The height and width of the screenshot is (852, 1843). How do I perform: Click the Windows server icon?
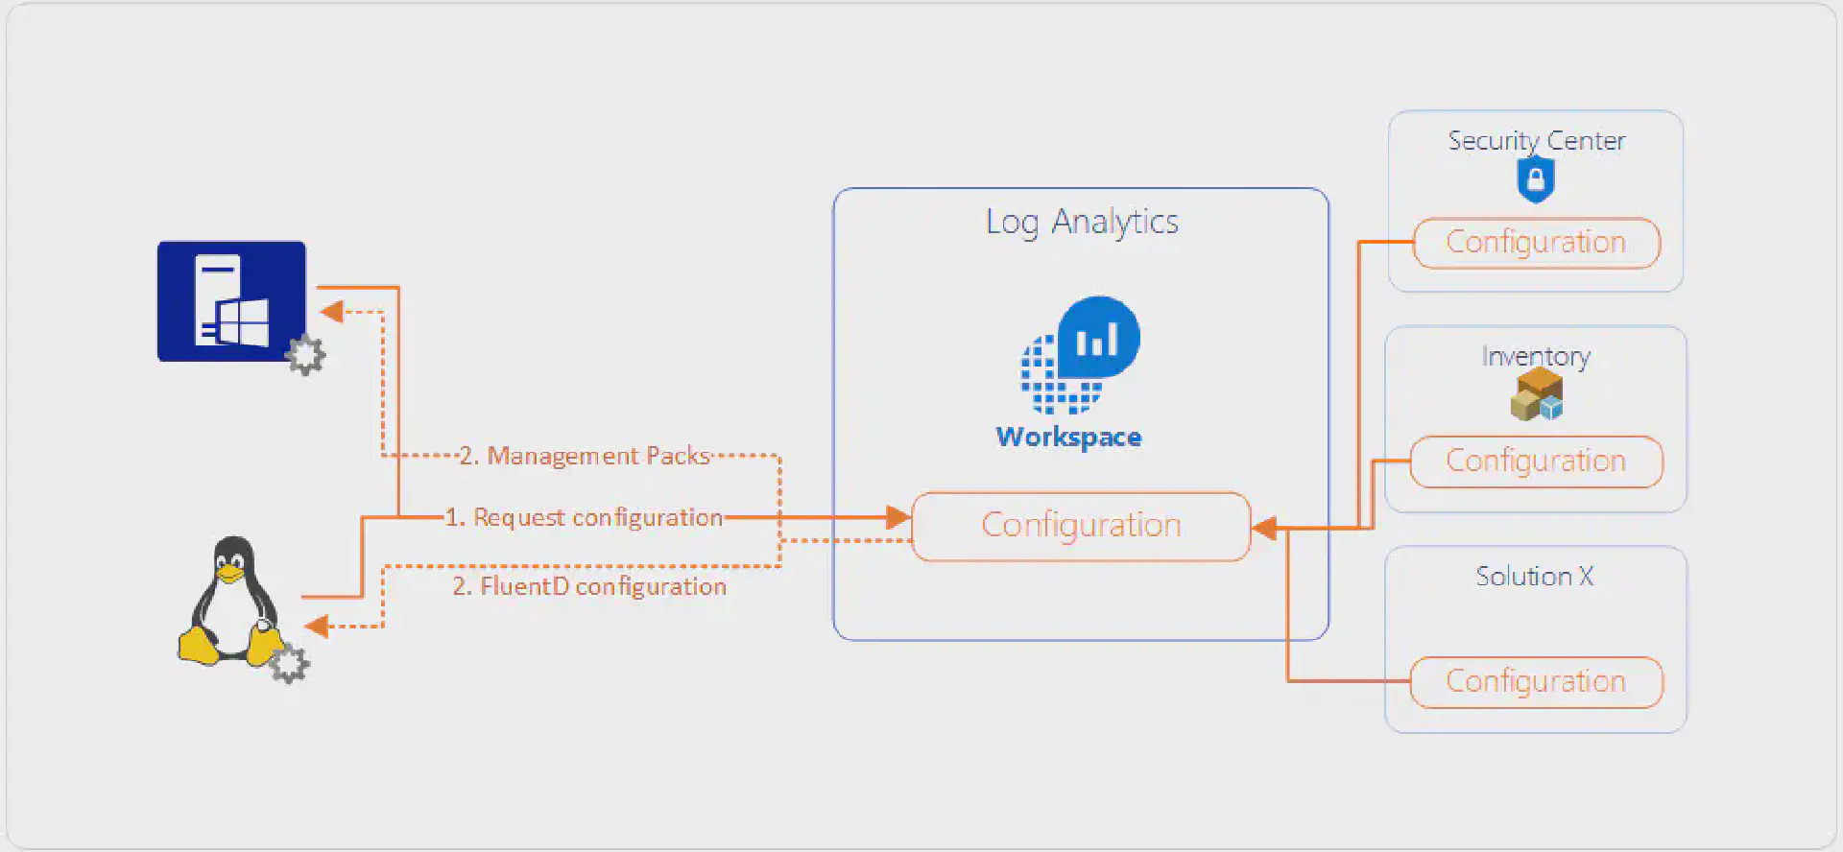(231, 301)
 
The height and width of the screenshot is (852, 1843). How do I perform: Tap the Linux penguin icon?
(231, 603)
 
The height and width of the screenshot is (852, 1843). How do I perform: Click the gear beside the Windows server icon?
(306, 355)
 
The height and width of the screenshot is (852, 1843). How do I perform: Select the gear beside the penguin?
(289, 664)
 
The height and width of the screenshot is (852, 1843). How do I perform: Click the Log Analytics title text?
(1082, 223)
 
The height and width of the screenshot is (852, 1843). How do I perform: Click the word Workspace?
(1069, 438)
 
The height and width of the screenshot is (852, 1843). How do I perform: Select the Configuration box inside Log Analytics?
(1081, 526)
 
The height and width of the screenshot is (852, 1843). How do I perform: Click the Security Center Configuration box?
(1536, 243)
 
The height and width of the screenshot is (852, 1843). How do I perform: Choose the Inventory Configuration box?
(1536, 461)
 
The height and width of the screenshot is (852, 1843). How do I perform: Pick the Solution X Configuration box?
(1536, 682)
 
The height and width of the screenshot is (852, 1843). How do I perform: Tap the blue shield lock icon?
(1536, 179)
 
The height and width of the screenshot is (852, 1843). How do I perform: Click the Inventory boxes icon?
(1537, 394)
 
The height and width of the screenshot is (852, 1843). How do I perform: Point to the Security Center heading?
(1536, 141)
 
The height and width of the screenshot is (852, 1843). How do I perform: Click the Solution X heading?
(1534, 577)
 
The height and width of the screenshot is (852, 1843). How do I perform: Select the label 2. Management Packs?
(585, 456)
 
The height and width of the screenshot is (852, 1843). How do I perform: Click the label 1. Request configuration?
(584, 518)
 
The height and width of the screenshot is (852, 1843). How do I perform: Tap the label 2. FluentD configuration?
(589, 587)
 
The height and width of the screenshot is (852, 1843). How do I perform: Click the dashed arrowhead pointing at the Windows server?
(332, 312)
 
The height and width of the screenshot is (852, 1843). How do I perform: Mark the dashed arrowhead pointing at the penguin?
(317, 627)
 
